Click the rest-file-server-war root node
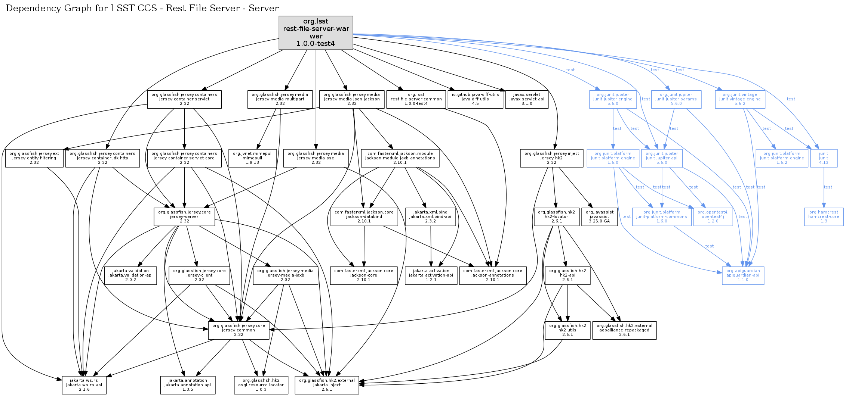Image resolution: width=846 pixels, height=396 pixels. coord(316,32)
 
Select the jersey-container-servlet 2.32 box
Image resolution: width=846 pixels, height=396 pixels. coord(184,99)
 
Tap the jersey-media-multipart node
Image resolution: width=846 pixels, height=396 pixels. coord(280,99)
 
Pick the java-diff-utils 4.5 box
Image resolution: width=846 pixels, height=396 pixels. coord(475,99)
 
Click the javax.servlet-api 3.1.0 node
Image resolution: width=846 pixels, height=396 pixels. coord(527,99)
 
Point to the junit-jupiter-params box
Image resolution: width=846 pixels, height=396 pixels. coord(676,99)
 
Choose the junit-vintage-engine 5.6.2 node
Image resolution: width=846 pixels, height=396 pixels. coord(740,99)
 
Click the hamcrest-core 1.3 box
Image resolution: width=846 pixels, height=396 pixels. coord(824,217)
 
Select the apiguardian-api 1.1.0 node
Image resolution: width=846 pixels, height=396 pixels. coord(743,275)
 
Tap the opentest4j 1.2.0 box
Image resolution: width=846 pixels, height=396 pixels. coord(713,217)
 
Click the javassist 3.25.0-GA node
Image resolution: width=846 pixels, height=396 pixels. coord(599,217)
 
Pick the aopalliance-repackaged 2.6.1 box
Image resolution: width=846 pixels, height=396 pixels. coord(624,330)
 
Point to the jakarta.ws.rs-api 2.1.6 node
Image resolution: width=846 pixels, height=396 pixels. coord(84,385)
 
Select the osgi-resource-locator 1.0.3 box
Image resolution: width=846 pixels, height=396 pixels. coord(261,385)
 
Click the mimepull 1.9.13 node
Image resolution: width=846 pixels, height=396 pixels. coord(252,158)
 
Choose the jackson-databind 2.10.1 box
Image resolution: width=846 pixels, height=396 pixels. coord(364,217)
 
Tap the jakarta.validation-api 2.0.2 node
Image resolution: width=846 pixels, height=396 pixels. coord(130,275)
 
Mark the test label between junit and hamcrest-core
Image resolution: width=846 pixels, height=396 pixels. coord(828,187)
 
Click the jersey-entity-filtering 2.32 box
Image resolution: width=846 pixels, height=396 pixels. coord(34,158)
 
